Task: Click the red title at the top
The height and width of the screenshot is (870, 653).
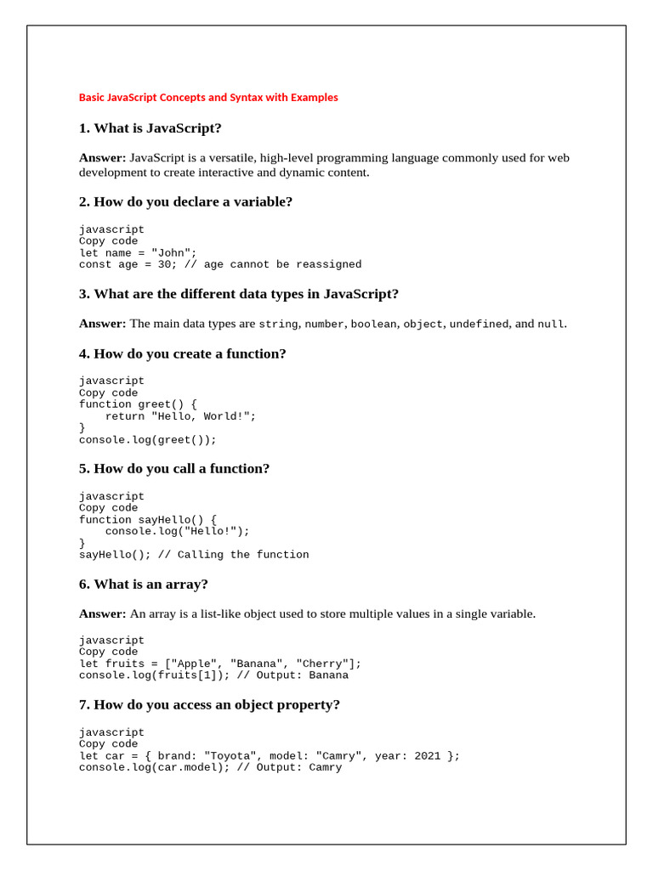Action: pyautogui.click(x=208, y=98)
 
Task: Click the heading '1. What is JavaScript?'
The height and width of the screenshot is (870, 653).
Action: pyautogui.click(x=150, y=128)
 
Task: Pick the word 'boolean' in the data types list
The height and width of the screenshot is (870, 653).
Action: pyautogui.click(x=373, y=325)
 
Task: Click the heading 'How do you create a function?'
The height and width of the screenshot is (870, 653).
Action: pyautogui.click(x=183, y=354)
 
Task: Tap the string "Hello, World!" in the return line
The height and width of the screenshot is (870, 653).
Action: pyautogui.click(x=203, y=417)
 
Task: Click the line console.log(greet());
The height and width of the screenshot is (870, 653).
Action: pyautogui.click(x=148, y=440)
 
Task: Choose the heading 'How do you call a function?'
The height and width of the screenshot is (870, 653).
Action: pyautogui.click(x=174, y=469)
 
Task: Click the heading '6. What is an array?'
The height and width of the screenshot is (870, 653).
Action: pyautogui.click(x=144, y=585)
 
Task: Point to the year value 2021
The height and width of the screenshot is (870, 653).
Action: pyautogui.click(x=428, y=756)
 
